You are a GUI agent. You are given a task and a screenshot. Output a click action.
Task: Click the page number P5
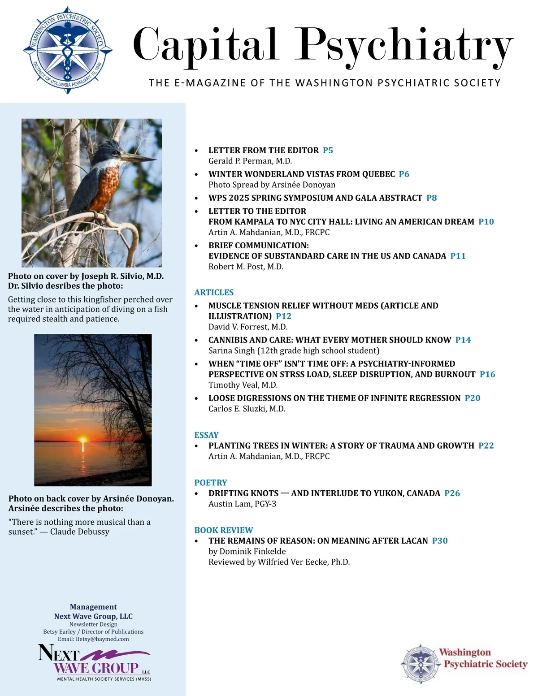[x=328, y=150]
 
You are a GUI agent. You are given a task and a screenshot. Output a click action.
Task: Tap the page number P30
[x=439, y=540]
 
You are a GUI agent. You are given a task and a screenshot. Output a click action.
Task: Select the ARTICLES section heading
[x=214, y=292]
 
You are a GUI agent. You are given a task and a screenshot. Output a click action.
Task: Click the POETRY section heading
[x=210, y=482]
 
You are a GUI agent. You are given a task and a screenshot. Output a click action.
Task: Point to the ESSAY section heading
[x=206, y=435]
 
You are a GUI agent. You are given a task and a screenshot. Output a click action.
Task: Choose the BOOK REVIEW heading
[x=223, y=530]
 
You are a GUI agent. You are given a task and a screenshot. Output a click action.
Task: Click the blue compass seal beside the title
[x=67, y=50]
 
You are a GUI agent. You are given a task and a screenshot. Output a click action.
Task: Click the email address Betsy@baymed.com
[x=102, y=639]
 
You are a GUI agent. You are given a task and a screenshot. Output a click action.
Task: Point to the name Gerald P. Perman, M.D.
[x=250, y=161]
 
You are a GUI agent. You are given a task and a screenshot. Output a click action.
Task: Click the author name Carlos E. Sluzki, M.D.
[x=247, y=409]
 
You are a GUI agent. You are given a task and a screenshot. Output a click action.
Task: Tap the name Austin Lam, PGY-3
[x=242, y=504]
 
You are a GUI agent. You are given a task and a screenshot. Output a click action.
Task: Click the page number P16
[x=487, y=374]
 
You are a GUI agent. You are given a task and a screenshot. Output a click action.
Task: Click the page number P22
[x=486, y=445]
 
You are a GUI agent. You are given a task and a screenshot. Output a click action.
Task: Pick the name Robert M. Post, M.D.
[x=246, y=267]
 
